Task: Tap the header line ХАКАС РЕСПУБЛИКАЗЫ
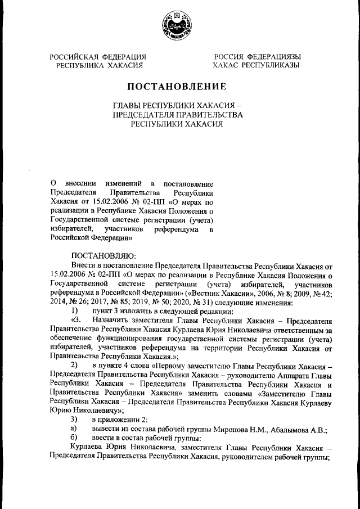256,65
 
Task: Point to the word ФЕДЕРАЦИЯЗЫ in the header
274,56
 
